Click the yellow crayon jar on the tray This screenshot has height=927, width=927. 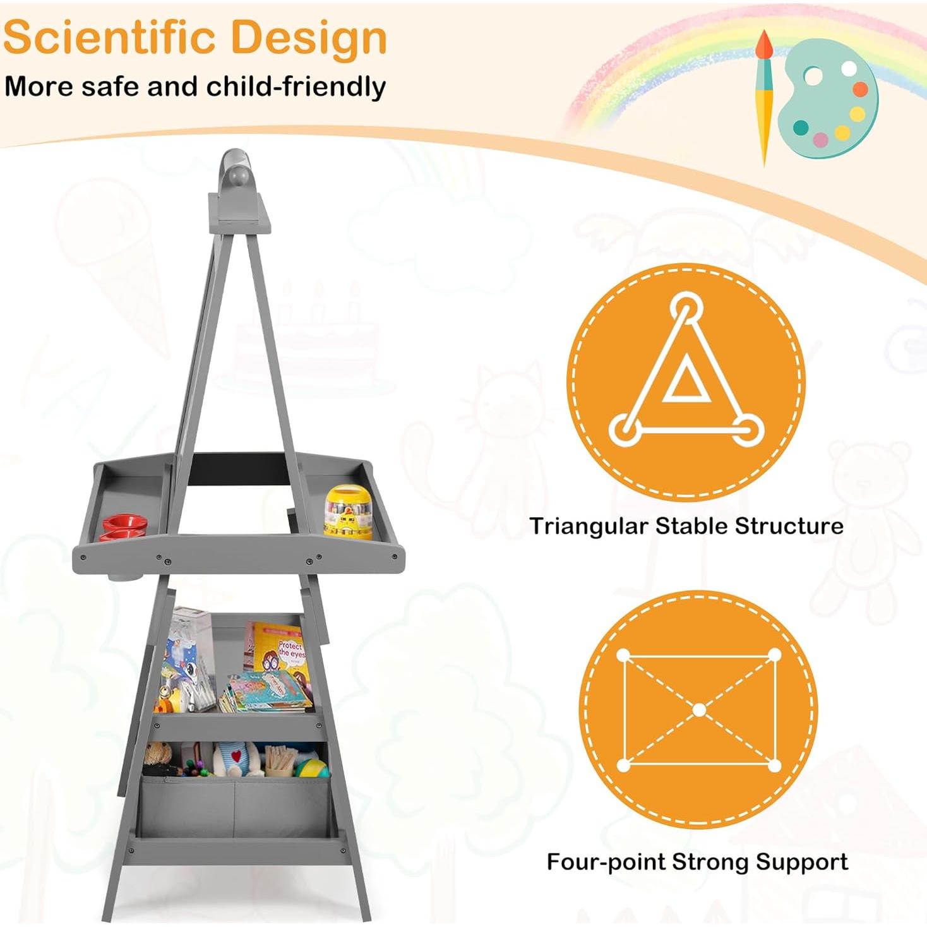pos(348,511)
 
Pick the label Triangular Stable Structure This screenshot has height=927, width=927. pos(686,525)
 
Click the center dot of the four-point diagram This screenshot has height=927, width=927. pos(700,710)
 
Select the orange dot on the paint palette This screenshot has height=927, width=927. pos(860,89)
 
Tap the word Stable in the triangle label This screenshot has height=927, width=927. pos(681,525)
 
